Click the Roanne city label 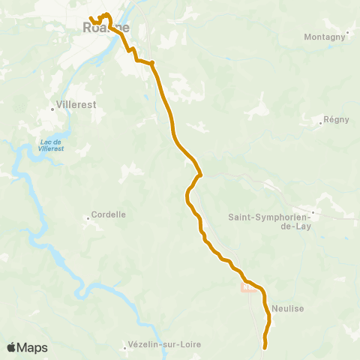(x=103, y=27)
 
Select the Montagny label (x=325, y=36)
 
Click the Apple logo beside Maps (x=11, y=347)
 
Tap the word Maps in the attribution (x=33, y=348)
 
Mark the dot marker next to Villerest (x=52, y=109)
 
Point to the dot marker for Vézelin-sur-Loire (x=125, y=347)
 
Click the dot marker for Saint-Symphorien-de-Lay (x=313, y=212)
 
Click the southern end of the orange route (x=265, y=346)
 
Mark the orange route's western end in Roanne (x=91, y=19)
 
